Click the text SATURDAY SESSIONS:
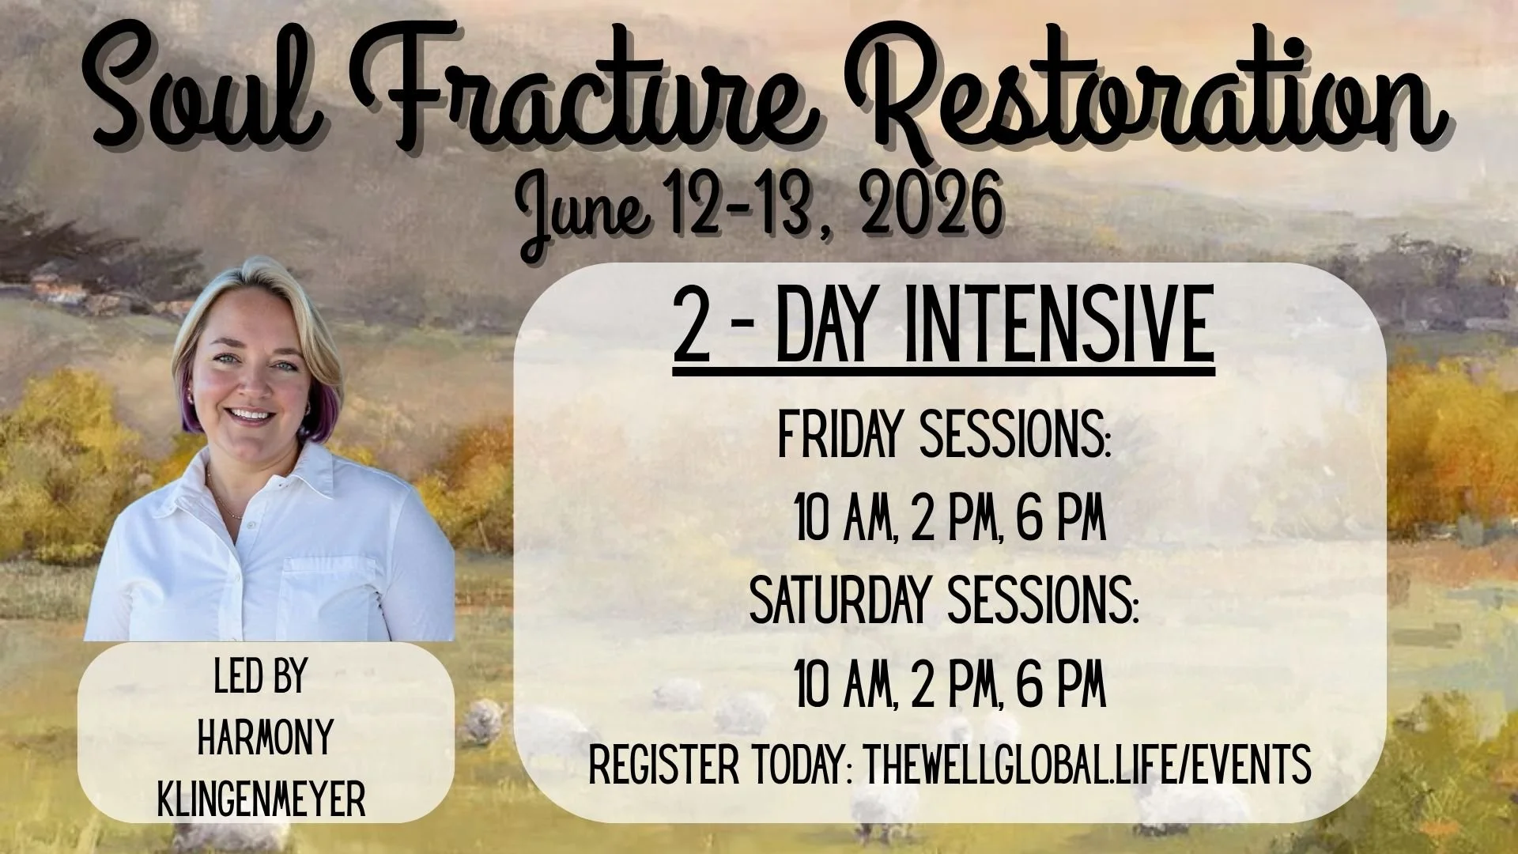tap(944, 604)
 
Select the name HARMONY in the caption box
tap(265, 739)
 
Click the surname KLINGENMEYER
tap(262, 800)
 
